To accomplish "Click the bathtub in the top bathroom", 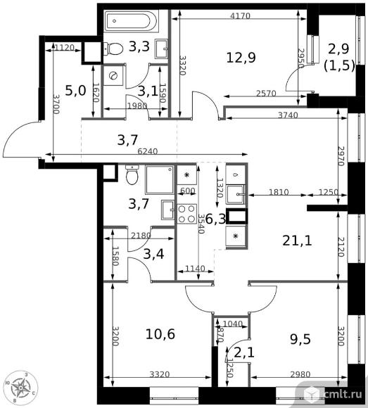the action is tap(131, 21).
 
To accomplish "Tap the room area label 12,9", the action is tap(241, 58).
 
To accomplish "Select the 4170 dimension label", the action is tap(240, 16).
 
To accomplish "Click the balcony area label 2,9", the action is tap(338, 49).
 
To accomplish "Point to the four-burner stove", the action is tap(186, 214).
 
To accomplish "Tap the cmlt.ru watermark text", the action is tap(343, 395).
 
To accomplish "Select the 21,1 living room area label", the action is tap(297, 241).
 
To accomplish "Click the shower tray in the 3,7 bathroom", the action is tap(160, 179).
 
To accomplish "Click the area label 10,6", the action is tap(160, 334).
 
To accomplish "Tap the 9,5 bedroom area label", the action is tap(300, 339).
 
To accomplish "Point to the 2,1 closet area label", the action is tap(243, 353).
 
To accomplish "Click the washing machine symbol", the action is tap(113, 76).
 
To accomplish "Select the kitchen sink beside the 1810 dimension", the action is tap(236, 194).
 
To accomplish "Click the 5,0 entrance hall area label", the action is tap(75, 91).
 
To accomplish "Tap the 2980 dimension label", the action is tap(300, 374).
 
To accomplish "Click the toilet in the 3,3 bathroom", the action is tap(113, 49).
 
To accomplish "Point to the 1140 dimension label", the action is tap(195, 268).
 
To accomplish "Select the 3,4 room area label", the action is tap(153, 254).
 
